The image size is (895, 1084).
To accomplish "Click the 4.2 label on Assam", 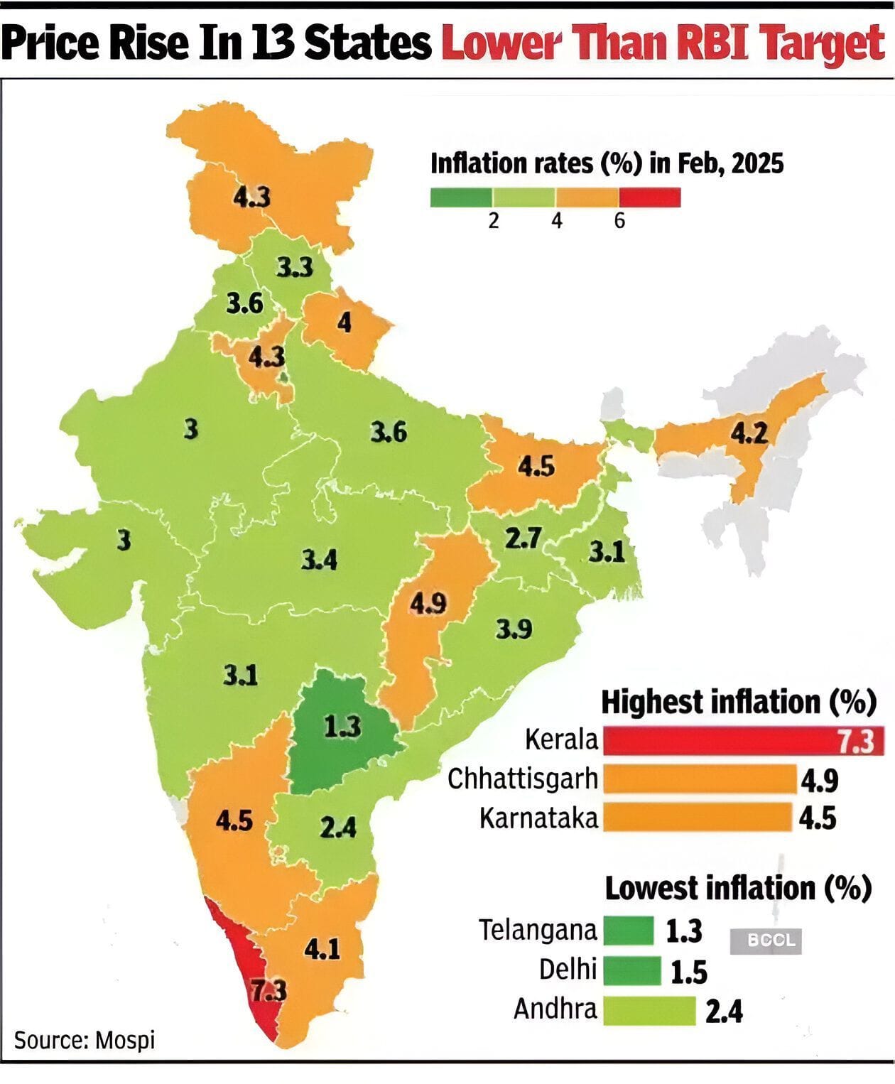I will coord(749,433).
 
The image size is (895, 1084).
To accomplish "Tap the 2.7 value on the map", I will coord(523,538).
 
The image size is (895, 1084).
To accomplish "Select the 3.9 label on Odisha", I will coord(514,629).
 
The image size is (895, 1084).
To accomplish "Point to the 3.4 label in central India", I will coord(319,560).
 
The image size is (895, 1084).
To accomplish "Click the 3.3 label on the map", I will coord(294,268).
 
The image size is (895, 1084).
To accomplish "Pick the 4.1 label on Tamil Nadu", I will coord(322,948).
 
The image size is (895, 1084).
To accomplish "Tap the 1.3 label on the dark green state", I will coord(342,727).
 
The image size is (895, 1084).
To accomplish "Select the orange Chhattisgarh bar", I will coord(699,779).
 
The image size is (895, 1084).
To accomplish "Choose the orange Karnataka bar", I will coord(696,817).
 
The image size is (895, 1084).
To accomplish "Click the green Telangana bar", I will coord(628,930).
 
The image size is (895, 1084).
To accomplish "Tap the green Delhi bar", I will coord(631,970).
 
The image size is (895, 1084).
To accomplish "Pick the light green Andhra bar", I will coord(649,1010).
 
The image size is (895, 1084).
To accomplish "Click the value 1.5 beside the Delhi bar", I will coord(689,972).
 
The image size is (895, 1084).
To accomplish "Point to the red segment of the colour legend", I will coord(650,197).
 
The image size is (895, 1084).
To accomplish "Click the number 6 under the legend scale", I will coord(619,222).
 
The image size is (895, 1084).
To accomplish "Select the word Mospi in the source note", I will coord(125,1041).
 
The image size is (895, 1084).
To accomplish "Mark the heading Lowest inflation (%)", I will coord(737,888).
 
